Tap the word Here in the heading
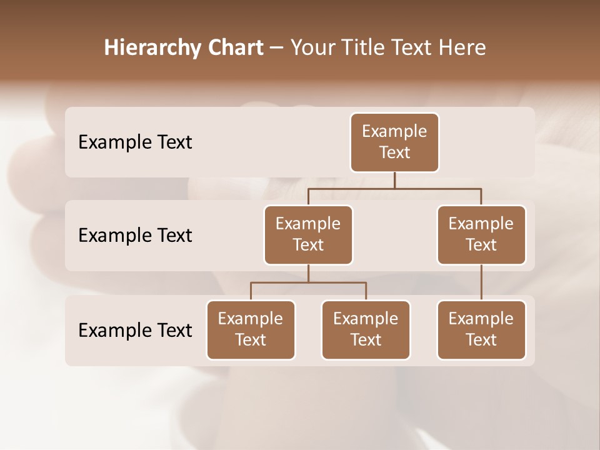pyautogui.click(x=462, y=47)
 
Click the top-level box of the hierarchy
pyautogui.click(x=394, y=142)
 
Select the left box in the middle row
pyautogui.click(x=308, y=234)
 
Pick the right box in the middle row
pyautogui.click(x=481, y=234)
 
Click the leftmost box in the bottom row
pyautogui.click(x=251, y=329)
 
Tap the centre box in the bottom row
pyautogui.click(x=366, y=329)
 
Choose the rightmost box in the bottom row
pyautogui.click(x=481, y=329)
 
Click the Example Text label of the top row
pyautogui.click(x=135, y=142)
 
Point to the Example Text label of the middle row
pyautogui.click(x=135, y=236)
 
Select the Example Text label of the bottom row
pyautogui.click(x=135, y=330)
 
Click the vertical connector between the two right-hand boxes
pyautogui.click(x=481, y=282)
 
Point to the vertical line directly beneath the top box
pyautogui.click(x=394, y=180)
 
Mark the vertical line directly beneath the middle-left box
pyautogui.click(x=308, y=273)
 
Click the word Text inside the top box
pyautogui.click(x=394, y=152)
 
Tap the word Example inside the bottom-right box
pyautogui.click(x=481, y=319)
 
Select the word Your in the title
pyautogui.click(x=310, y=47)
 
